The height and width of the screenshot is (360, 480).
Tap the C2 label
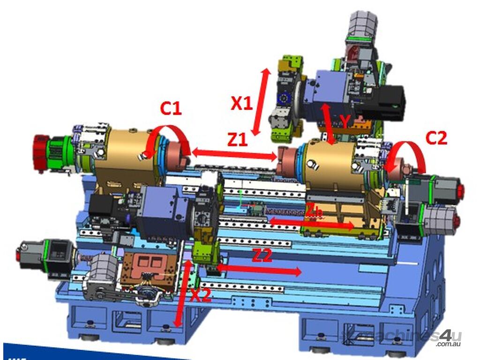tap(436, 138)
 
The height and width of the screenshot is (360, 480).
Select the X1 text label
tap(242, 103)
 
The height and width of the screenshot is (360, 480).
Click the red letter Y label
tap(345, 122)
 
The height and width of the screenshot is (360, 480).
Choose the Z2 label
tap(262, 255)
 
